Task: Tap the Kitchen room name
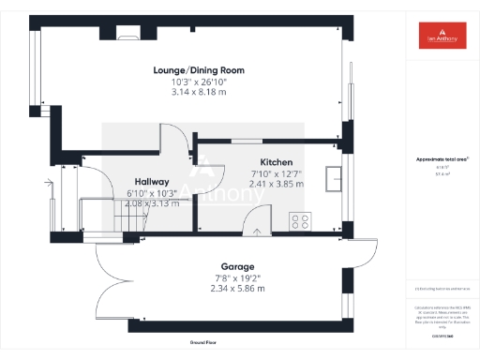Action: (x=277, y=162)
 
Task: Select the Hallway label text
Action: (x=151, y=182)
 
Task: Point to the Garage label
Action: (x=224, y=267)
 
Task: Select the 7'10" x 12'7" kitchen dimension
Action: (x=277, y=173)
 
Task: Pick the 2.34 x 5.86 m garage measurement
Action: (x=224, y=289)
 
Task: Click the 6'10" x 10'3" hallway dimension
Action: (x=151, y=193)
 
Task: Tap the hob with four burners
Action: (x=302, y=222)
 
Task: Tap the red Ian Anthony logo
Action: (x=441, y=36)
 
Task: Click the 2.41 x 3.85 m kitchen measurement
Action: (x=277, y=184)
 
